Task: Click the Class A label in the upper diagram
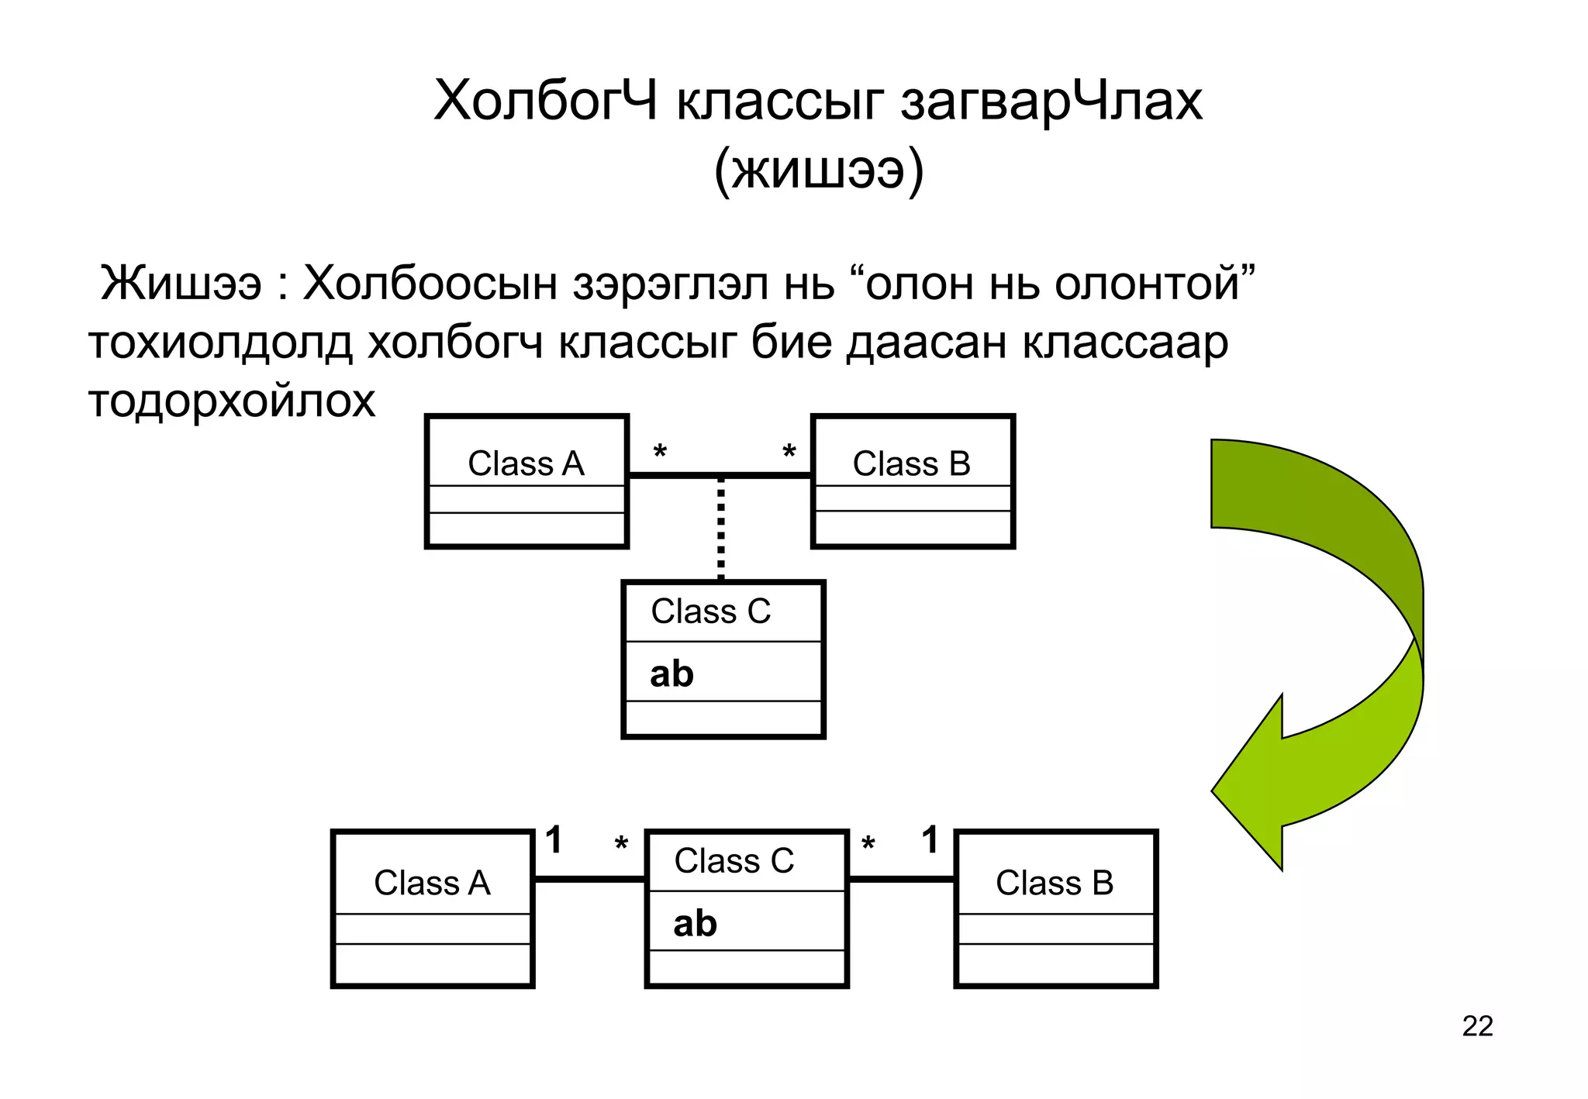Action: coord(526,463)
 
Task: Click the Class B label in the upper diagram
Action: coord(911,463)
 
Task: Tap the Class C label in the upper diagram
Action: coord(710,612)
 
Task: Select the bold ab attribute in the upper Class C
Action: coord(671,674)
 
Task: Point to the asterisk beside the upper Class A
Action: coord(660,452)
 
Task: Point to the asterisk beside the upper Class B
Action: coord(789,452)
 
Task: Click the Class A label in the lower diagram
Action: coord(432,883)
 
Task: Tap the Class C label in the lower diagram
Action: coord(734,860)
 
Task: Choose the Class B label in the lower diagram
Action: coord(1055,883)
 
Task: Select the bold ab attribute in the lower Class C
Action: coord(695,923)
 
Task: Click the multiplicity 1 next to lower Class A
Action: coord(554,840)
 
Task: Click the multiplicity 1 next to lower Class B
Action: coord(930,840)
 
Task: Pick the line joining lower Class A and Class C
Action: coord(589,879)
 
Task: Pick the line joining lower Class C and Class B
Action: coord(901,879)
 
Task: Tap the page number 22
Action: coord(1477,1026)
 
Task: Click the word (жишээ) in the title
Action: coord(818,170)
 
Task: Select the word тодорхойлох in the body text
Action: coord(232,401)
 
